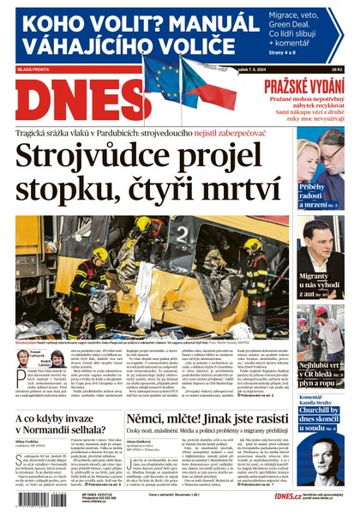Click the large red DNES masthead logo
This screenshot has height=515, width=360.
[69, 99]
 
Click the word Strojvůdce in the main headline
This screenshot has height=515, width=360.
[94, 160]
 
